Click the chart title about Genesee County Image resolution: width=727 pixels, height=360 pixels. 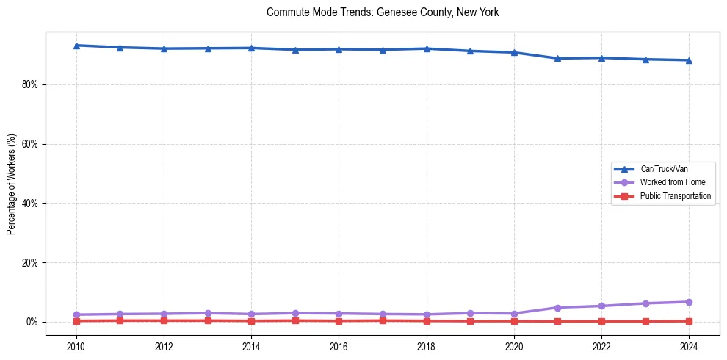pos(383,12)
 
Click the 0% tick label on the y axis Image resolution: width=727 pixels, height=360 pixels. pos(32,322)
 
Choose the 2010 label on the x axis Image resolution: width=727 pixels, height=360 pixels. pos(76,345)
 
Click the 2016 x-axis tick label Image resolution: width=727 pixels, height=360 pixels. pos(339,345)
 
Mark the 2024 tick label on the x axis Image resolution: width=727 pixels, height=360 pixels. pos(689,345)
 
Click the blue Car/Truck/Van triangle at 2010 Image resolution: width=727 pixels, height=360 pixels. pos(76,46)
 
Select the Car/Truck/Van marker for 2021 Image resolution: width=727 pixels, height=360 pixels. pos(557,58)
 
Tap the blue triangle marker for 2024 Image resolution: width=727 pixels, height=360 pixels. pos(689,60)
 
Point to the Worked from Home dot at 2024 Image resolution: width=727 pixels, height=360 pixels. pos(689,302)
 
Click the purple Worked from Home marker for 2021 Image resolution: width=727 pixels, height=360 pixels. pos(557,308)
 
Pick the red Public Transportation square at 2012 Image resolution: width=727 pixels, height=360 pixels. pos(164,320)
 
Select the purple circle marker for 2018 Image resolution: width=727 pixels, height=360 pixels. pos(427,314)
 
